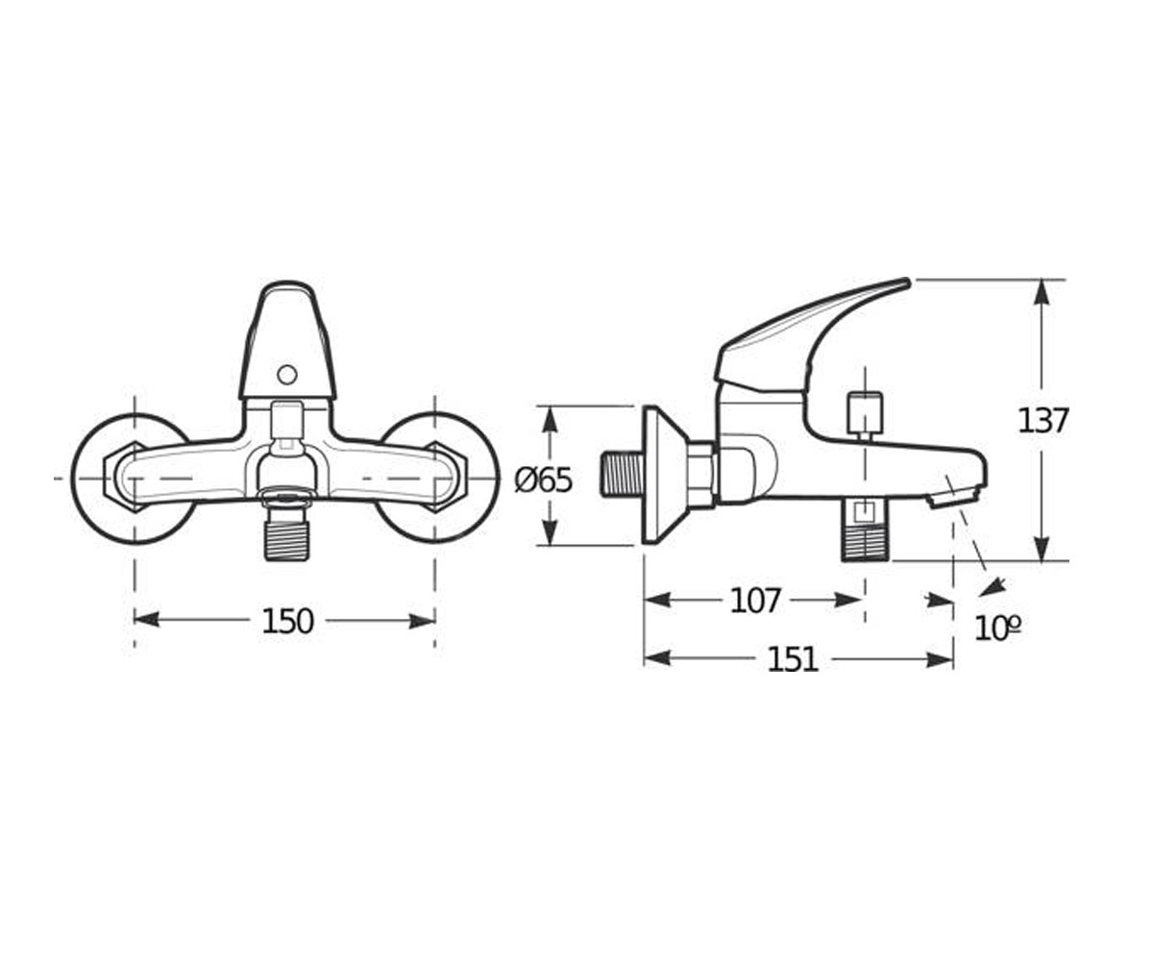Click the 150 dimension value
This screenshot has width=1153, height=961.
(x=287, y=621)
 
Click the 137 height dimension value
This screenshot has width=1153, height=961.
(x=1043, y=421)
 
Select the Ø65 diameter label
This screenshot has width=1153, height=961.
(x=544, y=480)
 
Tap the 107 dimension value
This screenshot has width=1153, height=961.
(x=755, y=601)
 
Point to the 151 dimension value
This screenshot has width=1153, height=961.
(x=793, y=659)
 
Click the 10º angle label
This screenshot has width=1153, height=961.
(x=997, y=628)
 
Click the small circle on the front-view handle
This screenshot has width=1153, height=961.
(x=286, y=376)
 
